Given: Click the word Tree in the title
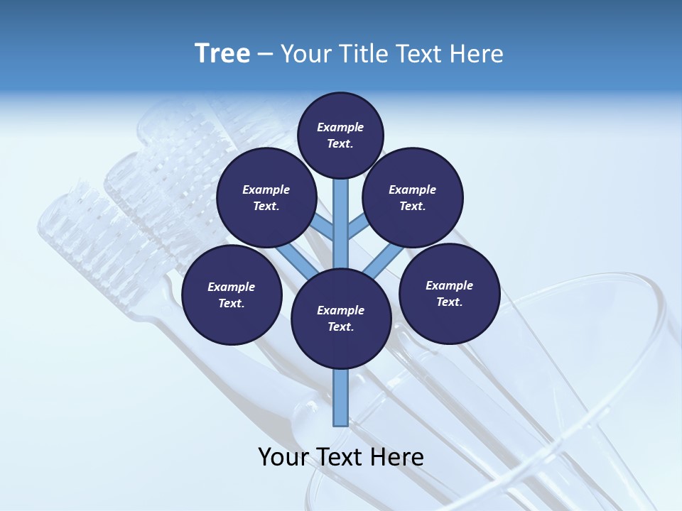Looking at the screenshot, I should point(222,53).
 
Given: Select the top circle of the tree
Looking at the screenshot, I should point(340,135).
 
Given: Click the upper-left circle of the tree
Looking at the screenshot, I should point(266,197).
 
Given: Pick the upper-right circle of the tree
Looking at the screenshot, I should point(413,197).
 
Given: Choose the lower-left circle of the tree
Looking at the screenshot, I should point(232,295).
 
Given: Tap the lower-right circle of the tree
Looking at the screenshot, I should point(450,293).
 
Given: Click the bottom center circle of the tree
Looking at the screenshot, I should point(341,318).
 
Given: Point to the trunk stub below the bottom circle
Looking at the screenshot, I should point(341,397).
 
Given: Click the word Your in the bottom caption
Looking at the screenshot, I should point(283,457).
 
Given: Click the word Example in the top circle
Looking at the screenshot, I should point(340,127).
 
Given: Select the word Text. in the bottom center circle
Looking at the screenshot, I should point(340,326).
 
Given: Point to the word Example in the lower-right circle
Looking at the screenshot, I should point(449,285).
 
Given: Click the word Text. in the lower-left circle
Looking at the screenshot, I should point(231,303).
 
